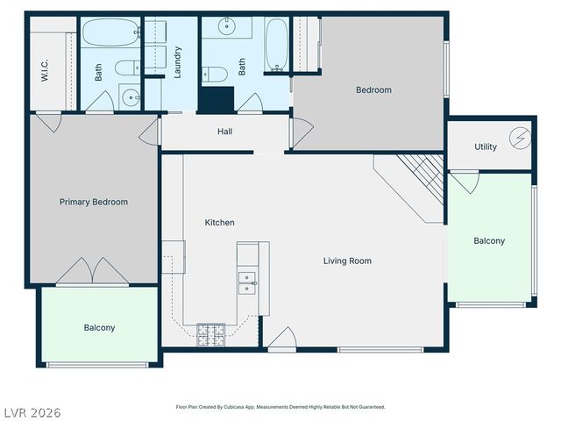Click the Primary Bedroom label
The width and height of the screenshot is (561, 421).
point(93,202)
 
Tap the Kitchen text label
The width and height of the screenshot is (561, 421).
point(219,223)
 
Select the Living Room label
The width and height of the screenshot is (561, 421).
point(347,260)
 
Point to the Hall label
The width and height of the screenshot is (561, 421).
point(224,132)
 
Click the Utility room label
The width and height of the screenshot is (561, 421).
point(486,146)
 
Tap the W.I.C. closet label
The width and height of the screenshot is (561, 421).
point(44,70)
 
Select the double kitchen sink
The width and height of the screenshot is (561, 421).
point(247,282)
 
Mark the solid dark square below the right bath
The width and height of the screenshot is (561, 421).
point(215,99)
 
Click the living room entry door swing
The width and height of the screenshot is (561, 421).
point(282,341)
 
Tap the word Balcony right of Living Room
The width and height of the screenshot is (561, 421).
point(489,241)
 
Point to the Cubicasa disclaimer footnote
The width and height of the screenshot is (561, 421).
point(280,407)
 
